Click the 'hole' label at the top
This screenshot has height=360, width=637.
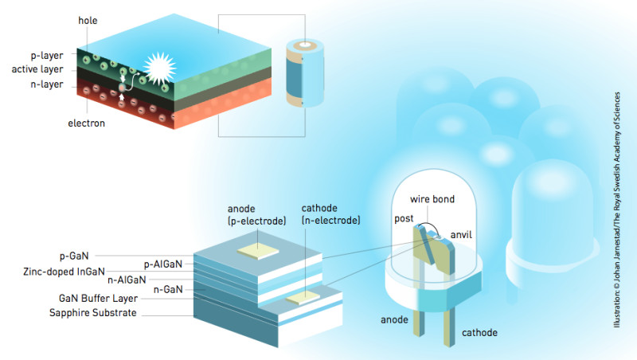pos(89,18)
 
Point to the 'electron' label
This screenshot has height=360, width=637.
pos(85,123)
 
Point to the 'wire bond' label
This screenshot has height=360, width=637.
pos(431,197)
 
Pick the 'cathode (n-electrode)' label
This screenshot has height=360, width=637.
pos(331,214)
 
